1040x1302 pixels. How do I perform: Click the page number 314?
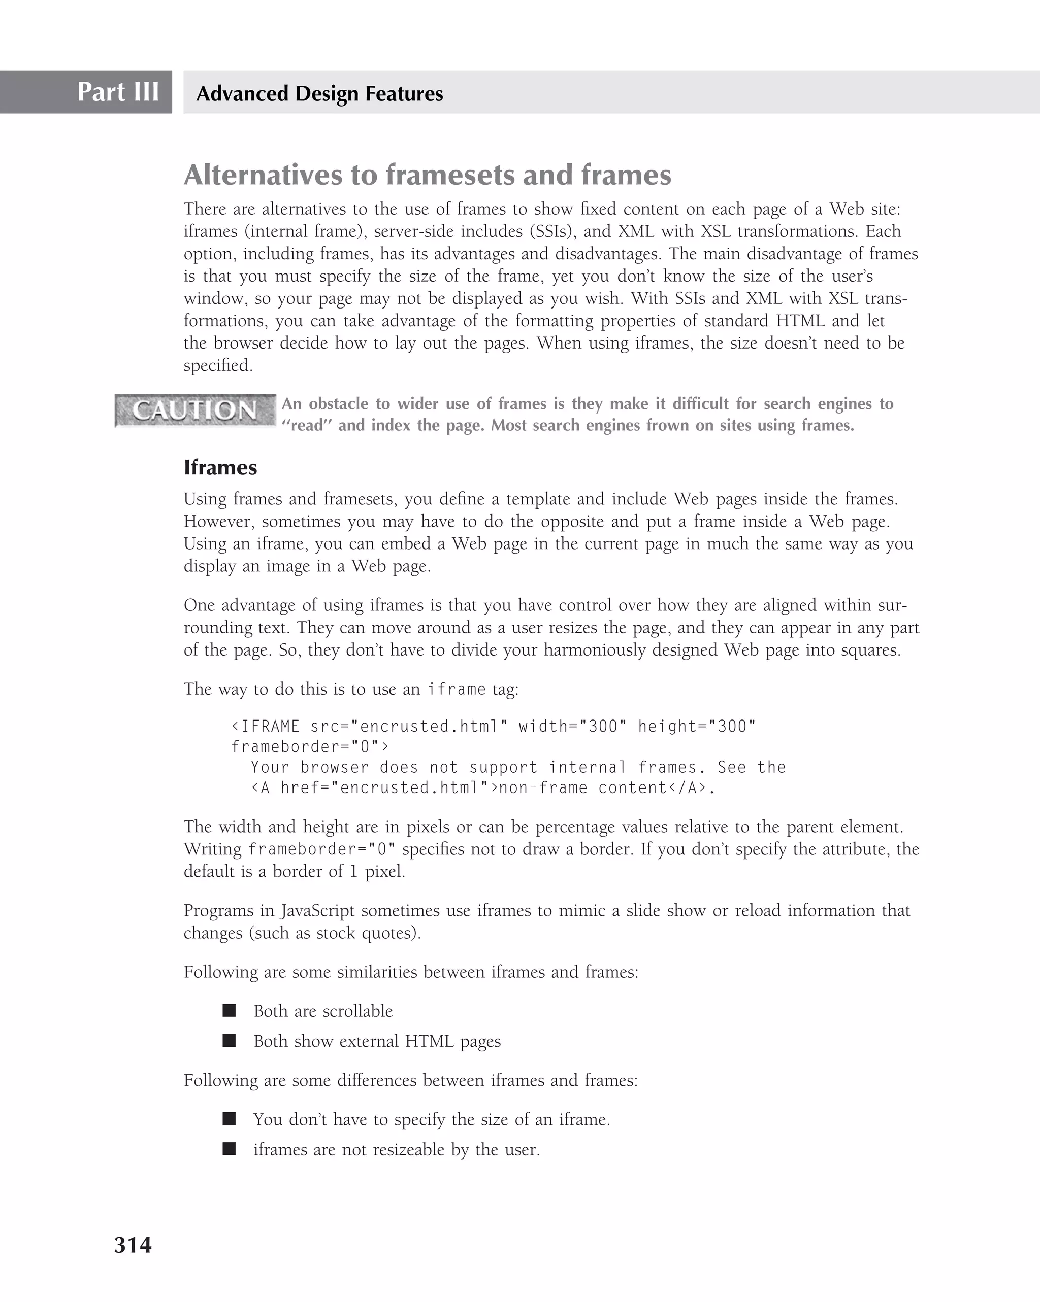(133, 1245)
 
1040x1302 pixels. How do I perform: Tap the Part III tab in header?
(118, 92)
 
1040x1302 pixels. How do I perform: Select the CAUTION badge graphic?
(195, 410)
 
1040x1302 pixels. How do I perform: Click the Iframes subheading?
(220, 467)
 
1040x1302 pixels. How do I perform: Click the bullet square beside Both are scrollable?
(229, 1010)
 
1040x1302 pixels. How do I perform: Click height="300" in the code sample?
(697, 726)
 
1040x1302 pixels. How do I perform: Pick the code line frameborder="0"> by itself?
(310, 747)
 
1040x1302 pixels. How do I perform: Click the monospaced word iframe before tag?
(456, 689)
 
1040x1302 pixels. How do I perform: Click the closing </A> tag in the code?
(687, 788)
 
